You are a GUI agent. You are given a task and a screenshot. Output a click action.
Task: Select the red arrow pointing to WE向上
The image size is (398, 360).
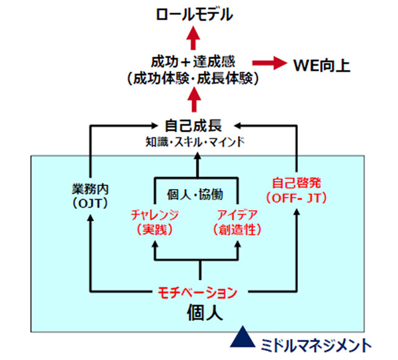(269, 63)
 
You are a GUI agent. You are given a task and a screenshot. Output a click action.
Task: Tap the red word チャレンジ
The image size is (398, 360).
(155, 215)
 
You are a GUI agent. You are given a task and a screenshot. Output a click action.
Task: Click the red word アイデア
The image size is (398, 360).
(239, 215)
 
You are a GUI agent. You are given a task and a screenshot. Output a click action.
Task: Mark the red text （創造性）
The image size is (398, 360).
(239, 229)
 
